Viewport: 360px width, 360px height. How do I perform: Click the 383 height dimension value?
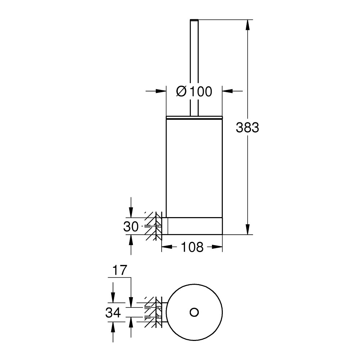click(247, 127)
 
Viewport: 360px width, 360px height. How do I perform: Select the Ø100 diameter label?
click(194, 92)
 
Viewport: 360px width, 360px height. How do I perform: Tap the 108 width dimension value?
click(192, 247)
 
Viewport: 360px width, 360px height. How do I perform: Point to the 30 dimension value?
click(131, 227)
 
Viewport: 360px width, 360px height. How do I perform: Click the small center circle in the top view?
click(194, 312)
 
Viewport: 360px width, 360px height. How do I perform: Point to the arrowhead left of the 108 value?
click(166, 247)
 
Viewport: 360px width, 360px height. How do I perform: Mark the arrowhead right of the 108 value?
click(217, 247)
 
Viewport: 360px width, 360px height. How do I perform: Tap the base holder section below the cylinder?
click(194, 226)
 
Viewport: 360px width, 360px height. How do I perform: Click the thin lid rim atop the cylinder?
click(194, 117)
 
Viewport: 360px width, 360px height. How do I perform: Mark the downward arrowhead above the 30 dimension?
click(131, 212)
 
